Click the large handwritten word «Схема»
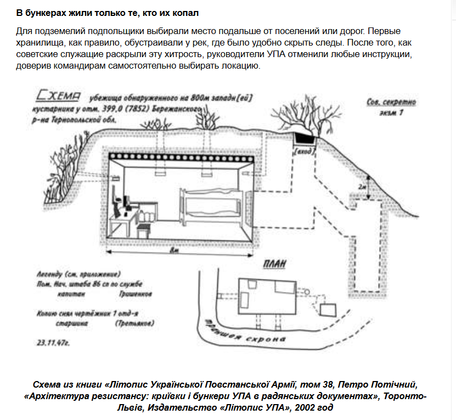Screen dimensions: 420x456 58,97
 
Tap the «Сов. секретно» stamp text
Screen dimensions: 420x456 391,102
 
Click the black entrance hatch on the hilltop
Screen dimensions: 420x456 303,137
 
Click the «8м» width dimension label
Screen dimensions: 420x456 174,251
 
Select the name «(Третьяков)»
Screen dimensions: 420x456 134,324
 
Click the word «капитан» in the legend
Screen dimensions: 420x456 69,294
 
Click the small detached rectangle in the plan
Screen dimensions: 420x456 328,309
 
